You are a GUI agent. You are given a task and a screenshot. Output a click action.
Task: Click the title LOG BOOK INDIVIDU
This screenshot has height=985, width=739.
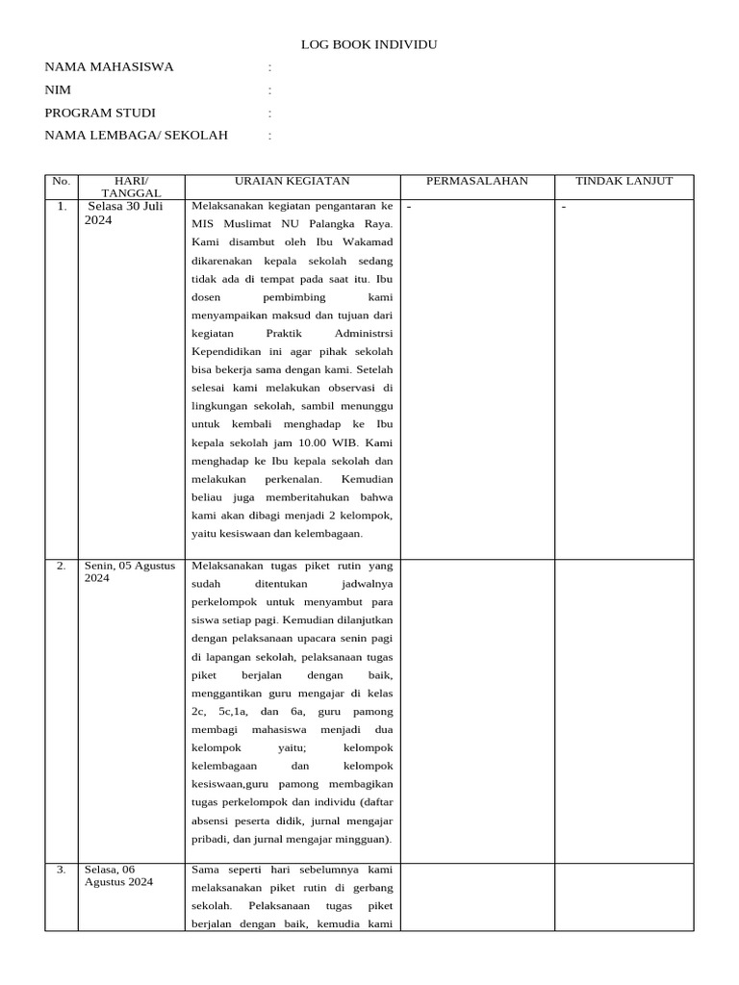pyautogui.click(x=369, y=44)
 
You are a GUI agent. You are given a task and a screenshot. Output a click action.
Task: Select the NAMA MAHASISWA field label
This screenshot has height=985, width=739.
pyautogui.click(x=109, y=67)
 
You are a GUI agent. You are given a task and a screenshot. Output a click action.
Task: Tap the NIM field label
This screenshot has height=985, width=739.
pyautogui.click(x=58, y=90)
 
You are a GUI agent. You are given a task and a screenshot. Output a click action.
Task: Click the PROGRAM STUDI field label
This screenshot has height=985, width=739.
pyautogui.click(x=100, y=113)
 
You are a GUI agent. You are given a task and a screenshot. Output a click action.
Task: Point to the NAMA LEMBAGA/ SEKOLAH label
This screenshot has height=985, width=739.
pyautogui.click(x=137, y=136)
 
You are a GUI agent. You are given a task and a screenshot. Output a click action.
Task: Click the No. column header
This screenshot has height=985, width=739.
pyautogui.click(x=62, y=181)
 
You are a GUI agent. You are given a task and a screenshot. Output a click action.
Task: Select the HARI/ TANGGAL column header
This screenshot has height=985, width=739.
pyautogui.click(x=131, y=187)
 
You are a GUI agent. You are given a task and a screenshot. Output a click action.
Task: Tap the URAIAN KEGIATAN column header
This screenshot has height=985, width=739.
pyautogui.click(x=293, y=181)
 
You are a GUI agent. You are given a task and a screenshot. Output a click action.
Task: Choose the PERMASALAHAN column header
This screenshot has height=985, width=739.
pyautogui.click(x=477, y=181)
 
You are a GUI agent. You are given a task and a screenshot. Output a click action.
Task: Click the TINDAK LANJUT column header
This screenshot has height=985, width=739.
pyautogui.click(x=624, y=181)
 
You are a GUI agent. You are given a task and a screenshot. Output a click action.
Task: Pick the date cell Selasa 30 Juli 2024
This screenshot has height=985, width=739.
pyautogui.click(x=126, y=213)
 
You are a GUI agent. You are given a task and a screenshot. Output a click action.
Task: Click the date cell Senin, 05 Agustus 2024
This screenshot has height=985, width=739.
pyautogui.click(x=130, y=571)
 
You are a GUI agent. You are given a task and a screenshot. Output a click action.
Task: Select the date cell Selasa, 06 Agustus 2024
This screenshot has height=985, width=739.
pyautogui.click(x=118, y=875)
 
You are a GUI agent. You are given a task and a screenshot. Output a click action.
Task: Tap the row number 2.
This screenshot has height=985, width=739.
pyautogui.click(x=62, y=566)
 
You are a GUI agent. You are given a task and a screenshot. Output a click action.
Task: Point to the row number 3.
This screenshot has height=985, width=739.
pyautogui.click(x=62, y=870)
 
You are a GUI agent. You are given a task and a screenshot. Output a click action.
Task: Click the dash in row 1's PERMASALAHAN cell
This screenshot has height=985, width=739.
pyautogui.click(x=409, y=207)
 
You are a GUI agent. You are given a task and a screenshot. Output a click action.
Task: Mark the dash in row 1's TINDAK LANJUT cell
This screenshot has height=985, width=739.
pyautogui.click(x=564, y=207)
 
